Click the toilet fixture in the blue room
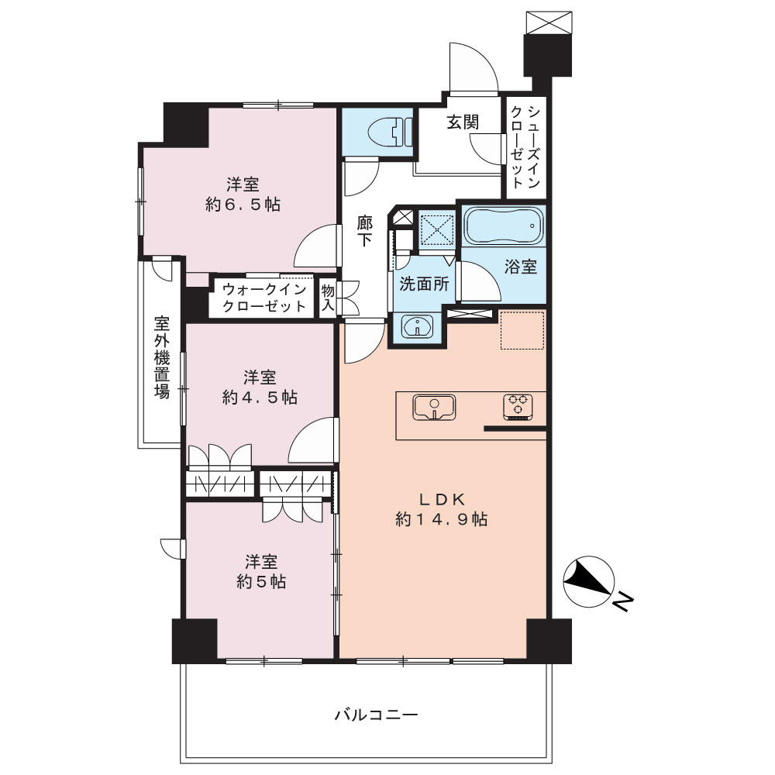tap(390, 132)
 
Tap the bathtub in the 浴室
tap(504, 226)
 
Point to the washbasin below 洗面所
tap(418, 326)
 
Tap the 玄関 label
tap(463, 122)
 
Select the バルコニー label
tap(376, 715)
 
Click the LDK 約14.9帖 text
tap(442, 509)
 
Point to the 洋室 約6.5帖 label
tap(243, 195)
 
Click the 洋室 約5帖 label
tap(261, 571)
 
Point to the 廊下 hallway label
tap(365, 231)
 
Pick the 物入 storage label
tap(328, 298)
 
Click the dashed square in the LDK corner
tap(522, 330)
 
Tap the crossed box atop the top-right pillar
tap(548, 22)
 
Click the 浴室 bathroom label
tap(521, 267)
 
